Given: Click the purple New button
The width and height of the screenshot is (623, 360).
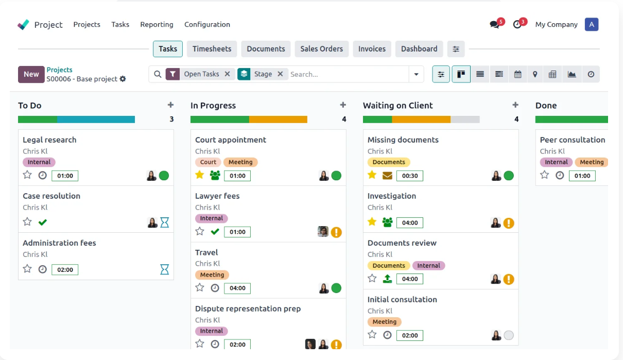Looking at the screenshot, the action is tap(31, 74).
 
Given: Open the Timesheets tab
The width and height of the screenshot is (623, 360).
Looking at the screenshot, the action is tap(212, 49).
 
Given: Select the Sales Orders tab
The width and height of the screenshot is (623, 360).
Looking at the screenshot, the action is tap(321, 49).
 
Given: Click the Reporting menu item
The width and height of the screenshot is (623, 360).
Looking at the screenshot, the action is tap(157, 25).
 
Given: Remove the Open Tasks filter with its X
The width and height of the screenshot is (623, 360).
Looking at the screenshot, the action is tap(227, 74).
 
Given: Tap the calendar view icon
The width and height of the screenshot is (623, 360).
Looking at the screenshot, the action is tap(517, 74).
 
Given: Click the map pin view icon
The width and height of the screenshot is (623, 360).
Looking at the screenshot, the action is tap(535, 74).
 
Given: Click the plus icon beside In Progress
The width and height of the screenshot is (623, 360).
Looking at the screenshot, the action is tap(343, 105).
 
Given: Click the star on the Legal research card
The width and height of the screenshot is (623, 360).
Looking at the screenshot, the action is tap(27, 175).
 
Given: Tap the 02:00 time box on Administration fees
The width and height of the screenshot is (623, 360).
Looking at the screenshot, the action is tap(65, 269).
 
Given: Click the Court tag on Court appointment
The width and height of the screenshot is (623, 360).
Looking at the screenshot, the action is tap(208, 162).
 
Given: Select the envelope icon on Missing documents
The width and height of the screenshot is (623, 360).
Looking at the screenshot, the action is tap(387, 176).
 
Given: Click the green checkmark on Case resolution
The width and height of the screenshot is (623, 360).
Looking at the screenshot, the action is tap(43, 222).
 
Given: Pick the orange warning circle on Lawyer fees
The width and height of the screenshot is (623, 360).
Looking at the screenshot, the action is tap(336, 232).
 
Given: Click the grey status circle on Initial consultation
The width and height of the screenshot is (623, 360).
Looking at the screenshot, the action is tap(509, 335).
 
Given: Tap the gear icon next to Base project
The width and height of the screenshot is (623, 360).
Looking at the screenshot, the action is tap(123, 79).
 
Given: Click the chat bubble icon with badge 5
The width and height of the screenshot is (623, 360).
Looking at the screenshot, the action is tap(494, 25).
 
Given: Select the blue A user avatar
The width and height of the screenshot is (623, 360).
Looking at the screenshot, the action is tap(592, 25).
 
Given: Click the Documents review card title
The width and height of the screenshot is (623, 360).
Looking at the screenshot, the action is tap(402, 243).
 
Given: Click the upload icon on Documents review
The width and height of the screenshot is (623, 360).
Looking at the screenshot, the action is tap(387, 279).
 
